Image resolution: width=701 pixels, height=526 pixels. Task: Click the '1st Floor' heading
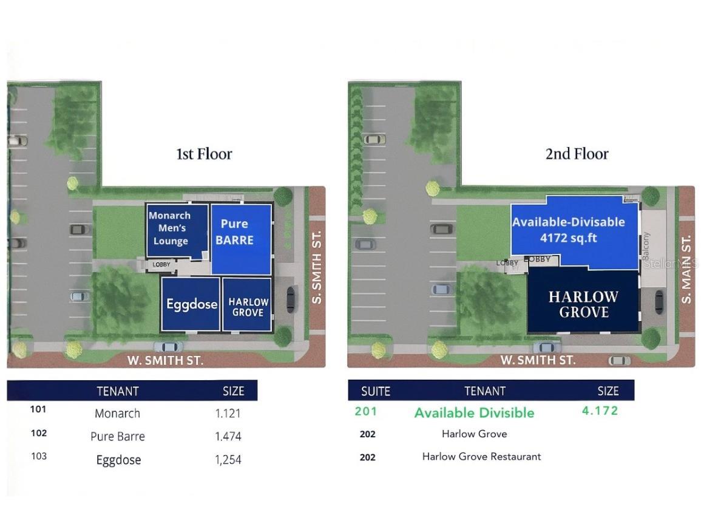[204, 154]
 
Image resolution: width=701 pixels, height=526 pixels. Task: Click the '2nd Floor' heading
[576, 154]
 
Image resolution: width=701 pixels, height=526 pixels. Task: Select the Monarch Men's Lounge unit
[170, 229]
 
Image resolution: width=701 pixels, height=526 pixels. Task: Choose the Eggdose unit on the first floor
[192, 304]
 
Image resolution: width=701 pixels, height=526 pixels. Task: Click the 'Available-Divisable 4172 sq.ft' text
[568, 230]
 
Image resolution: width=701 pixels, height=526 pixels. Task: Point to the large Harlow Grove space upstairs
[583, 304]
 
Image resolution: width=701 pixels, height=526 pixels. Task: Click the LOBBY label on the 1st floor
[161, 265]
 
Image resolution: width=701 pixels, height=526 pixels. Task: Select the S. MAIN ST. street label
[686, 270]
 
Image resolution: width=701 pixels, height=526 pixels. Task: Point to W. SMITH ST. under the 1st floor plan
[165, 360]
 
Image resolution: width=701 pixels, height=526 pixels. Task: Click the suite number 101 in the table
[38, 409]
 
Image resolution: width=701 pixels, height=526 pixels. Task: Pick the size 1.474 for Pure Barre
[228, 436]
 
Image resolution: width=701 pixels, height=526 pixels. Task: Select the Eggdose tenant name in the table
[118, 460]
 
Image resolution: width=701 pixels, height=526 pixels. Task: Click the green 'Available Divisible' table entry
[474, 412]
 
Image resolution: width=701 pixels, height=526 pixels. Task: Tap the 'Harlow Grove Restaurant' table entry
[481, 457]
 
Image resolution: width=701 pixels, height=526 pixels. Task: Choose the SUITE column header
[375, 391]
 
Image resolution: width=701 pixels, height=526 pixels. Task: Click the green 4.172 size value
[600, 411]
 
